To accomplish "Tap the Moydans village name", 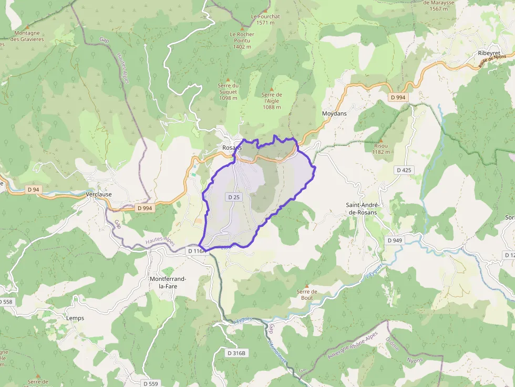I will tap(335, 113).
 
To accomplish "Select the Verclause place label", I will tap(98, 194).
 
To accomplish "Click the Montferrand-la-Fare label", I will tap(169, 283).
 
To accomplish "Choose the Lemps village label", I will tap(75, 318).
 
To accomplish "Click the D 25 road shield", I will tap(234, 197).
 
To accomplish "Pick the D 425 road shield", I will tap(404, 170).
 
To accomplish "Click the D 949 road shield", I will tap(395, 240).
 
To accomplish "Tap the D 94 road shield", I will tap(33, 189).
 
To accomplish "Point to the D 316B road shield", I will tap(236, 353).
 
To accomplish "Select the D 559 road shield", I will tap(151, 383).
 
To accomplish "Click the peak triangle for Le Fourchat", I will tap(265, 10).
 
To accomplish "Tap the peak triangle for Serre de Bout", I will tap(306, 286).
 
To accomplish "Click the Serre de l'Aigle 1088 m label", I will tap(272, 101).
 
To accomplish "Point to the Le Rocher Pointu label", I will tap(242, 40).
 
